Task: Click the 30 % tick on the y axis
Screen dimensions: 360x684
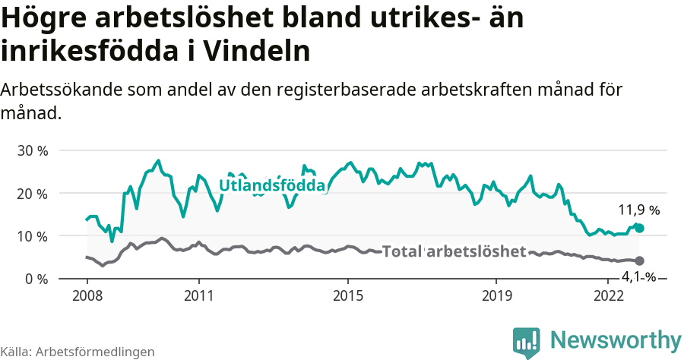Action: (32, 150)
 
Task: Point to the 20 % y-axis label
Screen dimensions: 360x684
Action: (32, 193)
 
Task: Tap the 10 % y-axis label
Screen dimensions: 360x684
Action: (32, 236)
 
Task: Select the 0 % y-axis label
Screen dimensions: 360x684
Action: (36, 279)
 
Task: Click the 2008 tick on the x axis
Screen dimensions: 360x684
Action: (87, 295)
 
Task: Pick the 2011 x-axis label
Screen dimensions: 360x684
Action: (198, 295)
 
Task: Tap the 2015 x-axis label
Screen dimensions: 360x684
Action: (347, 295)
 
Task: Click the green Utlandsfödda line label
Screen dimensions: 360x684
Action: (272, 185)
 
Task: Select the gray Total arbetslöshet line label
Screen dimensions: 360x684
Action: (454, 251)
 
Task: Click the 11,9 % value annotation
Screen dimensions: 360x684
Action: (638, 210)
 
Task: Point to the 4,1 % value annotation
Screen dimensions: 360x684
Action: (638, 277)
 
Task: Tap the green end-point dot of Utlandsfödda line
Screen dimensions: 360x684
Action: (639, 228)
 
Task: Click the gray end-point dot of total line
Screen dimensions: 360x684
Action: (639, 261)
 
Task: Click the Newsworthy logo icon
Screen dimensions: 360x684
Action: (527, 342)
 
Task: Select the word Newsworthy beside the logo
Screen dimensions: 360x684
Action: (616, 339)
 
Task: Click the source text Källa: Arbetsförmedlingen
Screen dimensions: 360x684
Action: (78, 352)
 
